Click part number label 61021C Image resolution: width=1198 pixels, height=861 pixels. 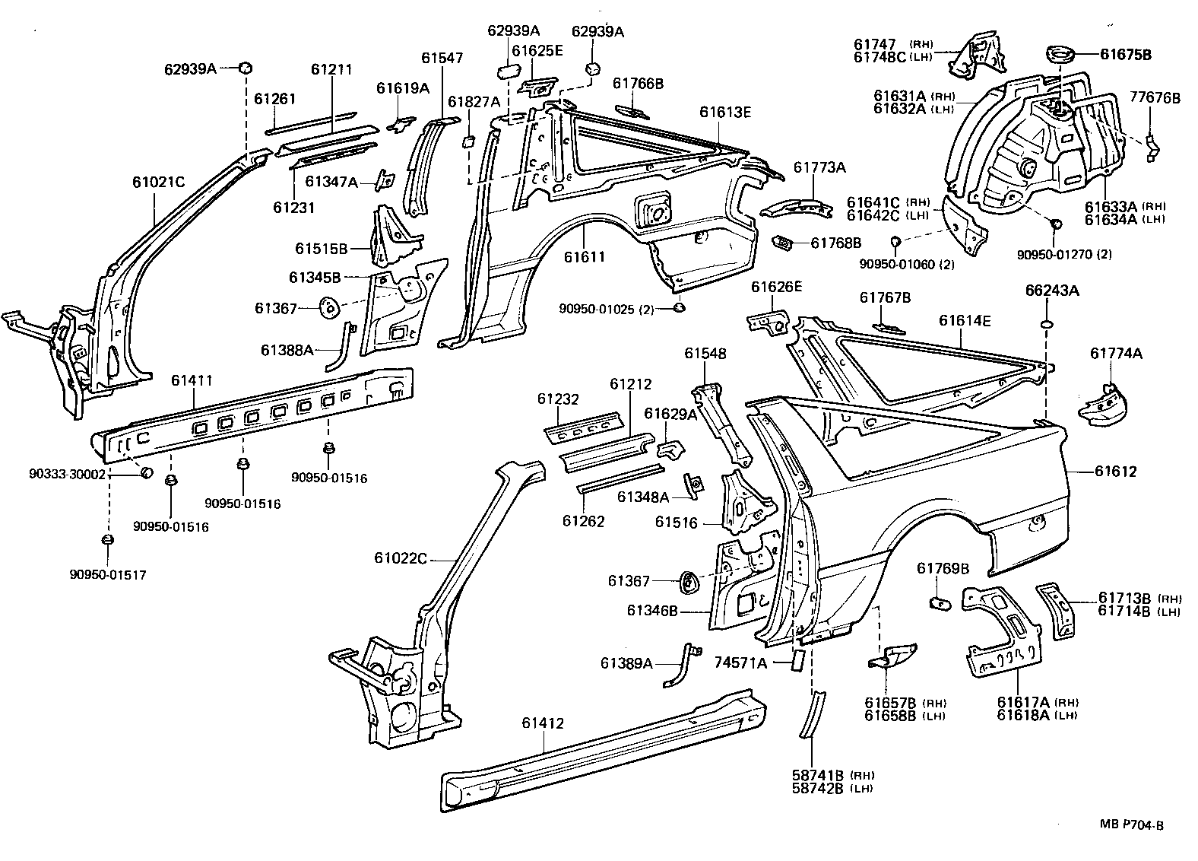[x=158, y=183]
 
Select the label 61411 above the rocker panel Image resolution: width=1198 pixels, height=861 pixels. [x=192, y=380]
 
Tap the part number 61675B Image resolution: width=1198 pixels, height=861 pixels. [x=1125, y=54]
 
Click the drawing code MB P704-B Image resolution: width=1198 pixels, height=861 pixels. [x=1131, y=824]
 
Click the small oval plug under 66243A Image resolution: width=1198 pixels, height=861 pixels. [x=1047, y=326]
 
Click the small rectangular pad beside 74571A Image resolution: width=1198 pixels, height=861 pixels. [x=799, y=659]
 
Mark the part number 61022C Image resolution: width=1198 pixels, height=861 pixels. [x=400, y=558]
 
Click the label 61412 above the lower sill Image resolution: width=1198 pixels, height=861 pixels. [x=543, y=723]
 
